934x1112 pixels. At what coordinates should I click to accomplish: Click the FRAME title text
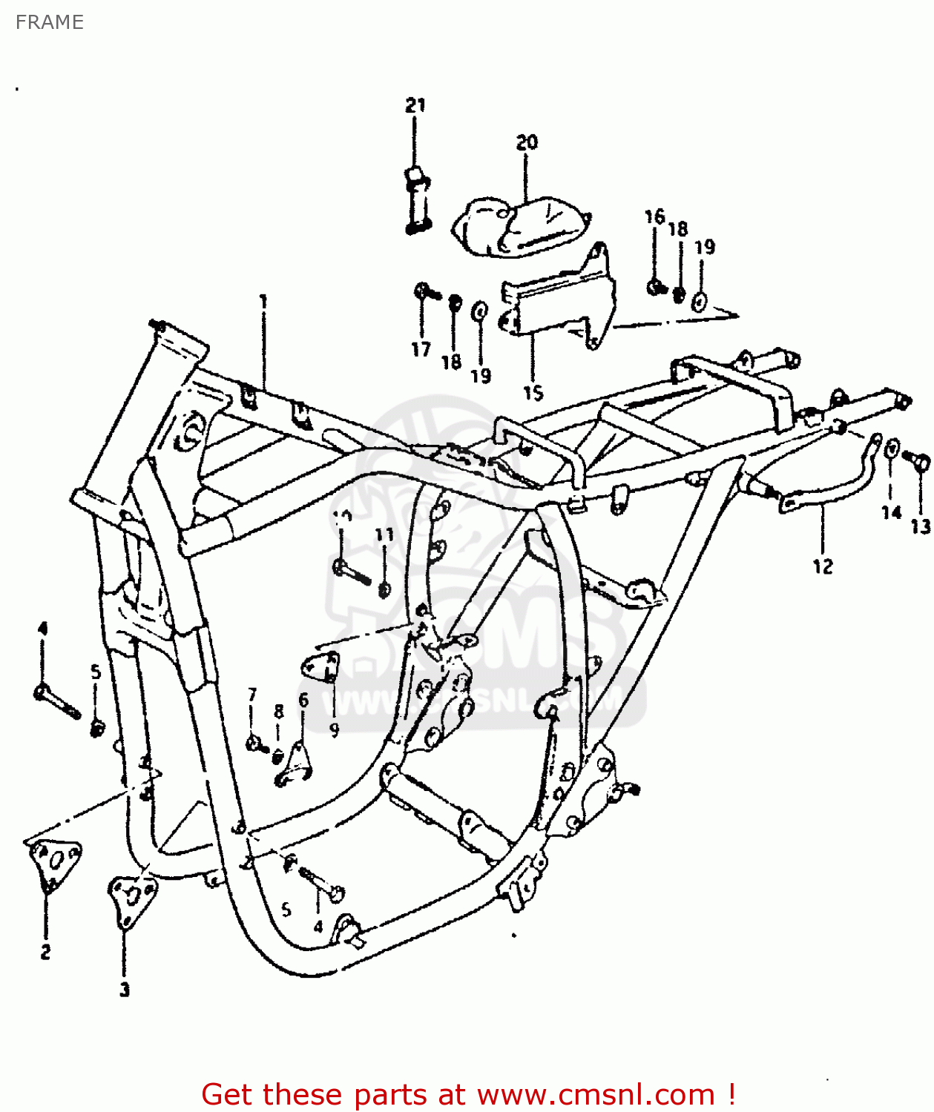[x=49, y=22]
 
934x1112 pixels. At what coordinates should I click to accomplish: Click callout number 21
[x=415, y=105]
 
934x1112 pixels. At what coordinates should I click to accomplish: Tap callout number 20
[x=527, y=142]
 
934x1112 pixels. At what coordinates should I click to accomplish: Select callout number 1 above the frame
[x=263, y=301]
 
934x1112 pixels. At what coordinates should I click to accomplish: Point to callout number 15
[x=533, y=393]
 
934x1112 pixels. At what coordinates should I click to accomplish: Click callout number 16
[x=654, y=216]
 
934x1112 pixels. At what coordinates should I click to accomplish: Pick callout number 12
[x=823, y=566]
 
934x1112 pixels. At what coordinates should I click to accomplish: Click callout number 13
[x=920, y=526]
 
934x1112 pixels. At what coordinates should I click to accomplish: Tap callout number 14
[x=891, y=512]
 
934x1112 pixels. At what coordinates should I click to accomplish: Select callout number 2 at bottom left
[x=45, y=952]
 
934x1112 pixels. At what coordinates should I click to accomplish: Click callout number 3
[x=125, y=989]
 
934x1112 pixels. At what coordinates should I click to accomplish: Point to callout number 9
[x=334, y=730]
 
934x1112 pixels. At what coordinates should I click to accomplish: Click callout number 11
[x=384, y=535]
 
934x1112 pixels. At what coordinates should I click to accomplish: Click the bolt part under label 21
[x=417, y=200]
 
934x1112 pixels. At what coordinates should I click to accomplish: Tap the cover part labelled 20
[x=519, y=222]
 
